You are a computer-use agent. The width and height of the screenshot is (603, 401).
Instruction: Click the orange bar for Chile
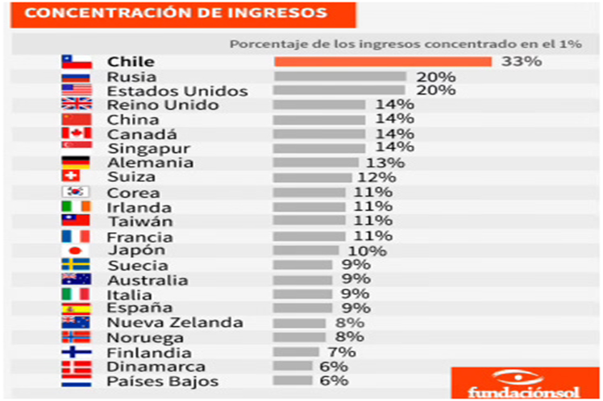point(382,62)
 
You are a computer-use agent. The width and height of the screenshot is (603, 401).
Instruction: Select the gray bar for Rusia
point(339,77)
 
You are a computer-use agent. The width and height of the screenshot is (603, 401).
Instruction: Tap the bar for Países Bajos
point(293,381)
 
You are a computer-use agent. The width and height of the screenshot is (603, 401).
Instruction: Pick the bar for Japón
point(306,250)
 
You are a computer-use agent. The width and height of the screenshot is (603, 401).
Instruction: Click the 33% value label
point(521,62)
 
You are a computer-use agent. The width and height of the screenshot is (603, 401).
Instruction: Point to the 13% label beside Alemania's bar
point(385,163)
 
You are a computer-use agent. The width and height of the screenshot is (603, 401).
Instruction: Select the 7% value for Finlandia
point(341,352)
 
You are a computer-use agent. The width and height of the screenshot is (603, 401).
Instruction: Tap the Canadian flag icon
point(77,134)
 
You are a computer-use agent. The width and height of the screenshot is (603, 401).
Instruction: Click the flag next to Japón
point(77,250)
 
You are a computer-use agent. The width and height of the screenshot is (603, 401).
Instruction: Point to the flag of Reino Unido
point(77,105)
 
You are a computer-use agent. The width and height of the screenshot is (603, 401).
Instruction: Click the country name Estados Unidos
point(166,91)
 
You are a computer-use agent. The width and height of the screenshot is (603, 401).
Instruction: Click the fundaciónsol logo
point(525,384)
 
